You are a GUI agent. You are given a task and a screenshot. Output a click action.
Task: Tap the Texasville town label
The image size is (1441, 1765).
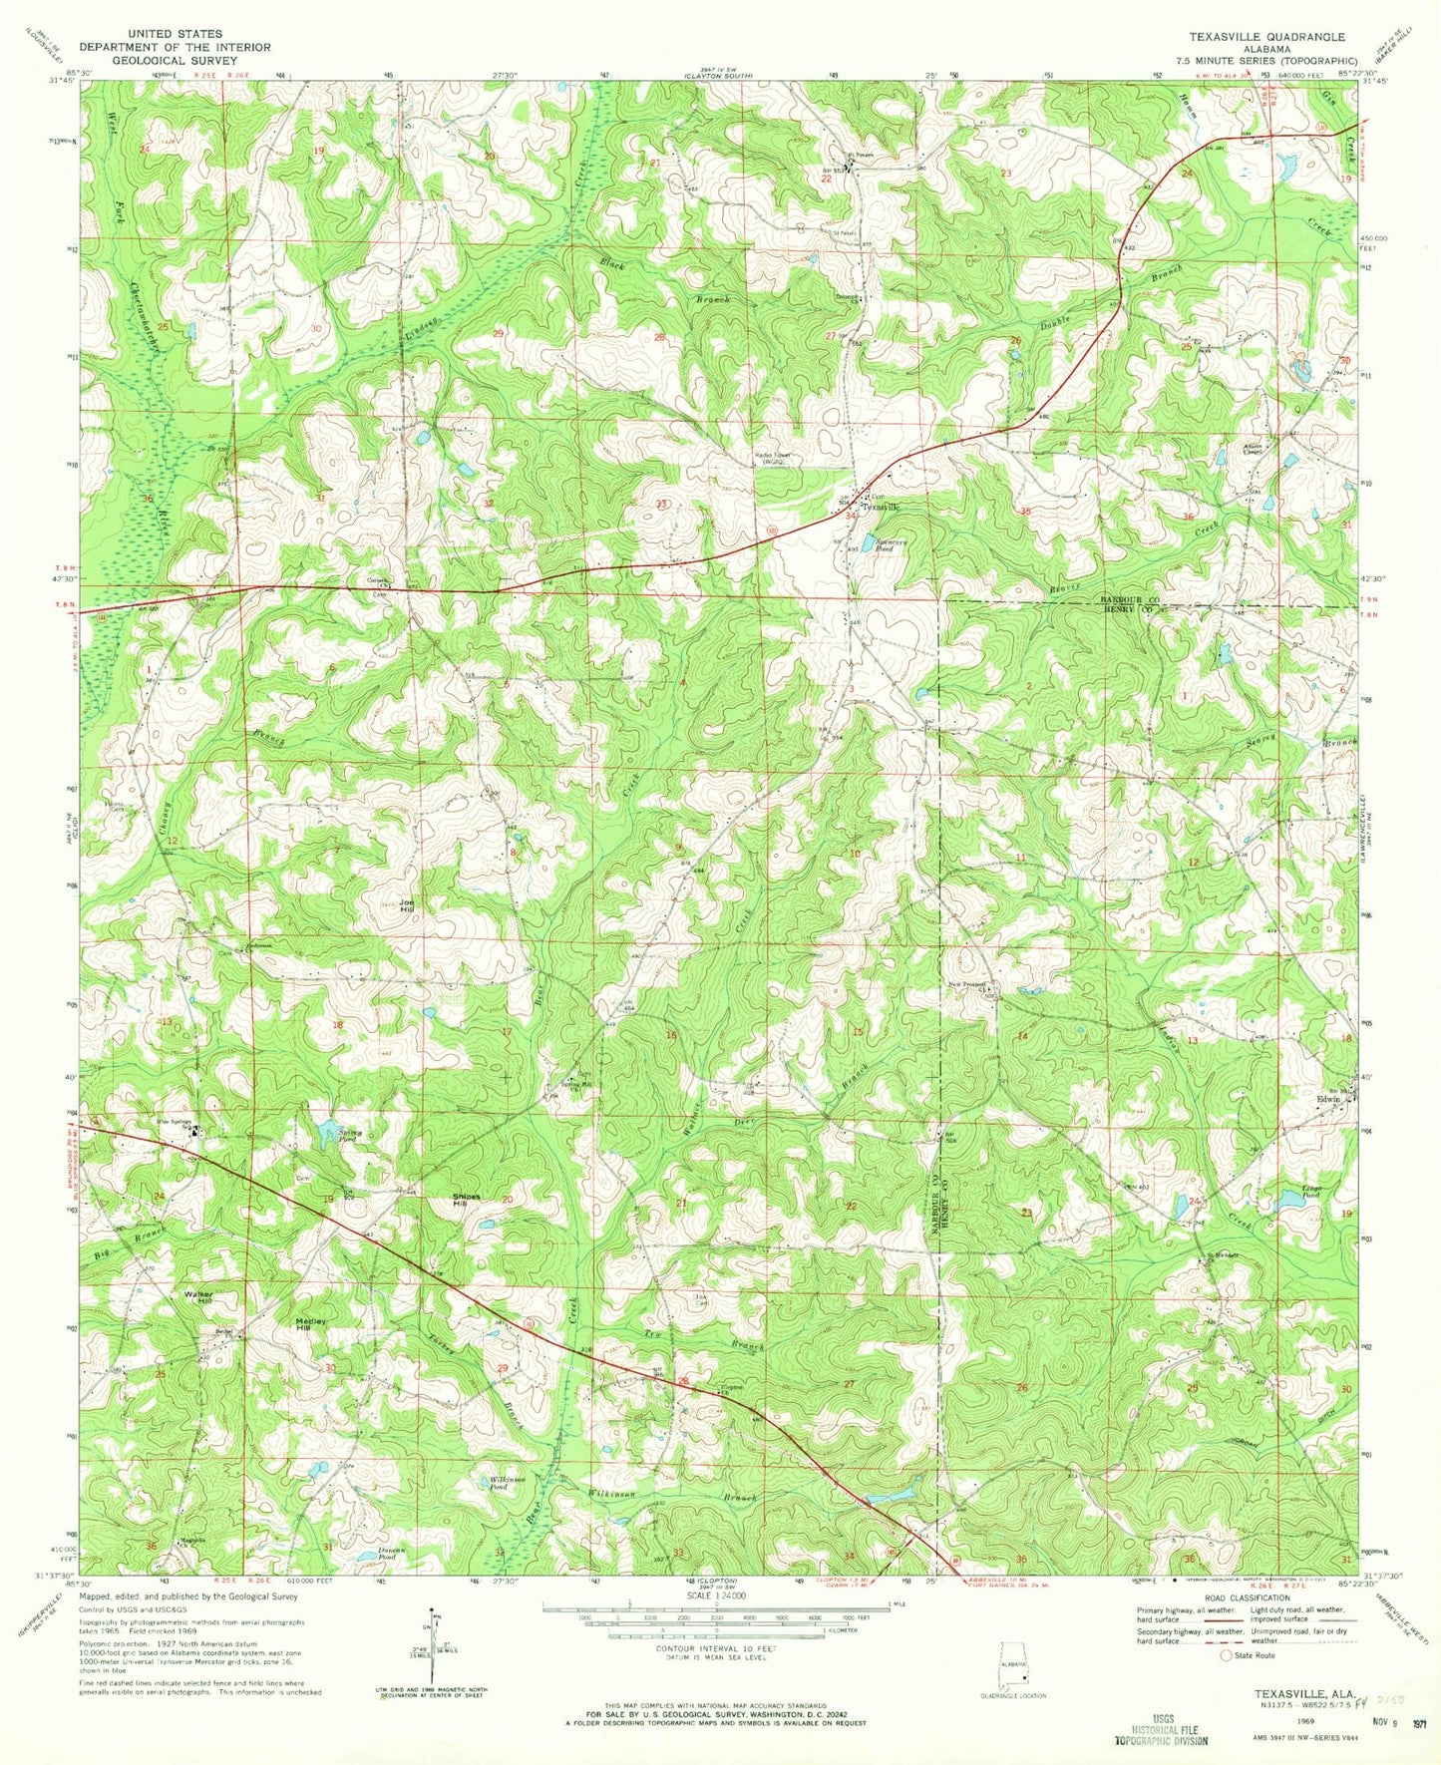coord(880,507)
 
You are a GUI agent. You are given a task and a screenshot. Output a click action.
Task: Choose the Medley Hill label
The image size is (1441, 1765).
coord(311,1322)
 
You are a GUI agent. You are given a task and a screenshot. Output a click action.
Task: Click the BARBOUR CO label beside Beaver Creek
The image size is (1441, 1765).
coord(1128,598)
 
